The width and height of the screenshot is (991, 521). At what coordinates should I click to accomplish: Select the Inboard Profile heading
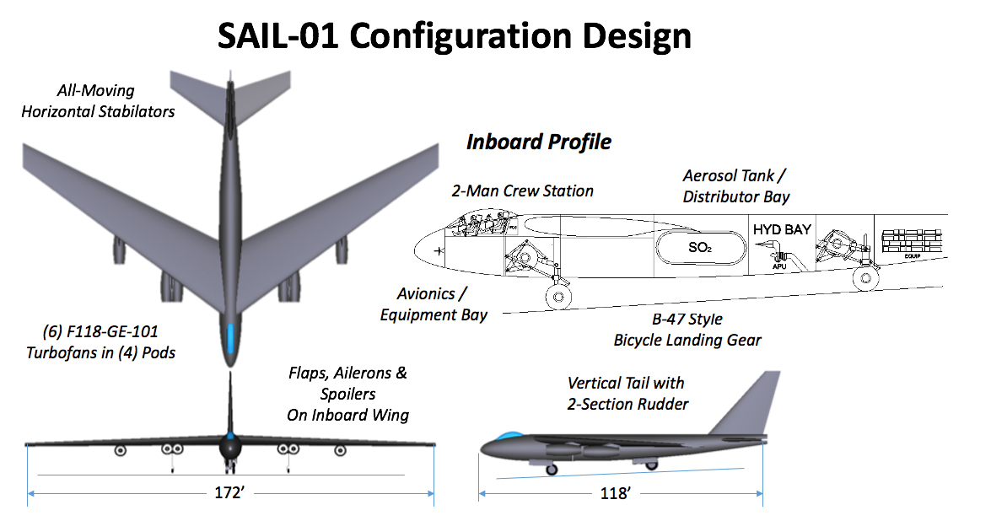click(538, 142)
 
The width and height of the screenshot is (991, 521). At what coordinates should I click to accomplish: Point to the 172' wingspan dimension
click(229, 491)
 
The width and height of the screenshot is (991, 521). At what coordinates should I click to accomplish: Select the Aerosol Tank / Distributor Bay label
click(736, 186)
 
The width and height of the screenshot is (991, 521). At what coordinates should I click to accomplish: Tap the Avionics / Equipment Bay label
click(434, 304)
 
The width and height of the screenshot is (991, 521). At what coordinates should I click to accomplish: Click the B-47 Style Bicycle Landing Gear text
click(687, 330)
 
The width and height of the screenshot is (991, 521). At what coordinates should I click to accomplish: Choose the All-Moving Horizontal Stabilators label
click(98, 100)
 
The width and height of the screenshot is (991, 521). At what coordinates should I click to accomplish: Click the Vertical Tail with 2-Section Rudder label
click(627, 394)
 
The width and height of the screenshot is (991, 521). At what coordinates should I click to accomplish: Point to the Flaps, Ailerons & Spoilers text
click(347, 394)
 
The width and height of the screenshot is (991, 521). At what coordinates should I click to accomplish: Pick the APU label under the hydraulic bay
click(779, 266)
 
